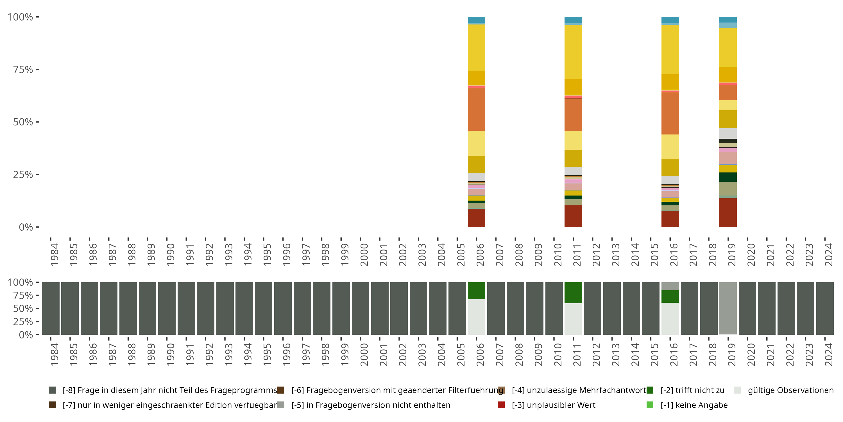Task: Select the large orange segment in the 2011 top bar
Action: click(573, 115)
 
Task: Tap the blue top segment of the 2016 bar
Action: click(670, 20)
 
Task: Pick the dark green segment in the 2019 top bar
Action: click(728, 177)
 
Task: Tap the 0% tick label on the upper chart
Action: click(26, 227)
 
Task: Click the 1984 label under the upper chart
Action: click(54, 254)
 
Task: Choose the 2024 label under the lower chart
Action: click(828, 354)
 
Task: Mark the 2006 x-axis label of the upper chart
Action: click(480, 254)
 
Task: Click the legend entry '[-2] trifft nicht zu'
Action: click(692, 390)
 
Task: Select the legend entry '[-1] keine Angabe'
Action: click(694, 405)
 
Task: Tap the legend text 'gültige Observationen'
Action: click(790, 390)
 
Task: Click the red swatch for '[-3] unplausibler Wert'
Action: click(501, 405)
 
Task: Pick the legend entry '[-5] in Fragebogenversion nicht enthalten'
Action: click(371, 405)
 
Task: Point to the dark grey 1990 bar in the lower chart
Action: click(167, 308)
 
